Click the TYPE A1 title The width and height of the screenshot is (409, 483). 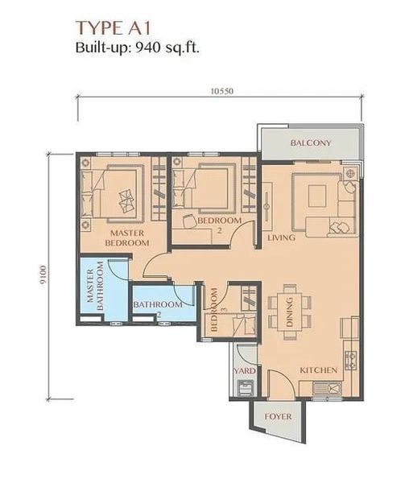pos(114,28)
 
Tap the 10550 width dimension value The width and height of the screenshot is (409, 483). pos(221,91)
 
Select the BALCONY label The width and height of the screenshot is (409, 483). pos(311,143)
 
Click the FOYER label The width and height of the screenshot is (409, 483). pos(278,417)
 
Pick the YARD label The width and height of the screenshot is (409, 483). pos(245,371)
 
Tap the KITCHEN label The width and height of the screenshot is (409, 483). pos(319,370)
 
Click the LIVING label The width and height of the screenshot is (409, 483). pos(281,237)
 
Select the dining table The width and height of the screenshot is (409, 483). pos(290,312)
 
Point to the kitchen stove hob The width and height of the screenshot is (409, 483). pos(351,361)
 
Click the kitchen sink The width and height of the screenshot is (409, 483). pos(327,389)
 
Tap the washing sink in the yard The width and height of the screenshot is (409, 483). pos(246,388)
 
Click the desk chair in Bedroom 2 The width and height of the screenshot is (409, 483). pos(188,221)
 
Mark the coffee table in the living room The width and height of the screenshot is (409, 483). pos(317,196)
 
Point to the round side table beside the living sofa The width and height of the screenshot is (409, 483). pos(349,173)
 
